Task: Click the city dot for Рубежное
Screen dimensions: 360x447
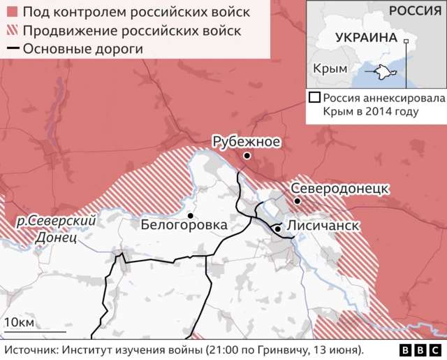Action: pos(247,155)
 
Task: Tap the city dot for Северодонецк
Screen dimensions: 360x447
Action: pos(298,201)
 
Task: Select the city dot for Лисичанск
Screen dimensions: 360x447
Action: pos(277,229)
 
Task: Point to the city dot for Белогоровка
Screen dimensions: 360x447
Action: pos(190,215)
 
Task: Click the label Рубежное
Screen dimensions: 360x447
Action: pos(247,142)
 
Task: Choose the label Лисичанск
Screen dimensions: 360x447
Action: pos(323,226)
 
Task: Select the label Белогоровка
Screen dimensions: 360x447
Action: pos(184,226)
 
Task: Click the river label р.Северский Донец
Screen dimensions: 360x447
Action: pos(56,229)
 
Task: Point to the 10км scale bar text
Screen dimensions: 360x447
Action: pos(19,322)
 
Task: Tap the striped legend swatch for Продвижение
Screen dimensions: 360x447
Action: pos(12,31)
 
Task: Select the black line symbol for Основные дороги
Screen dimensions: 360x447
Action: pos(12,49)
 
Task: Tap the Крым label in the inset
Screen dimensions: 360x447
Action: pos(330,70)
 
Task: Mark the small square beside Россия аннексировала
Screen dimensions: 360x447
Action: pos(315,98)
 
